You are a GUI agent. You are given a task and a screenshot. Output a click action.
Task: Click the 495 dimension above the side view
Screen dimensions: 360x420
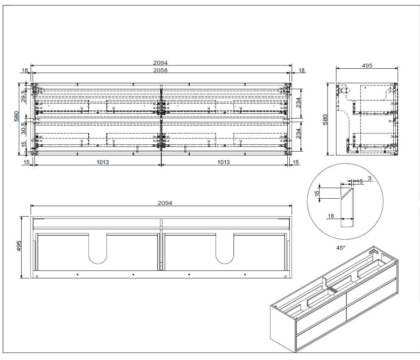point(367,65)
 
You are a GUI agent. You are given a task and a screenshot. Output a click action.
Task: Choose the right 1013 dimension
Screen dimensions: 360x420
point(224,162)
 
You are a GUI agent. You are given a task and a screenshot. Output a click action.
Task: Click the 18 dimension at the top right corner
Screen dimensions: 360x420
point(302,70)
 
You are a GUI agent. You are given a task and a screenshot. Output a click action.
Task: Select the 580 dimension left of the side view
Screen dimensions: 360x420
point(324,119)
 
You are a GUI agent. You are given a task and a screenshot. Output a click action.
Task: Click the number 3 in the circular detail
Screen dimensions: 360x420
point(370,178)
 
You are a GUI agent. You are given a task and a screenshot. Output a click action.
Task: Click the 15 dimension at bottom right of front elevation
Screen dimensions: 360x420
point(296,162)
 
